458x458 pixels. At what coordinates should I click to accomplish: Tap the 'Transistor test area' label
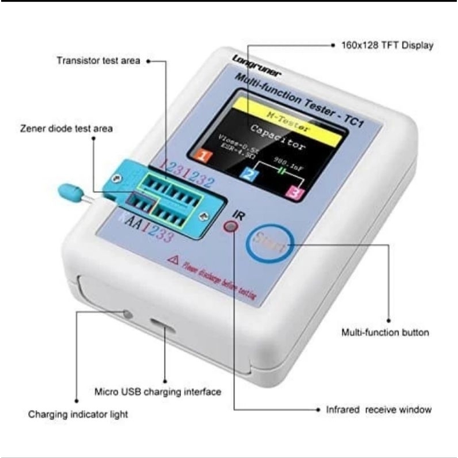point(97,60)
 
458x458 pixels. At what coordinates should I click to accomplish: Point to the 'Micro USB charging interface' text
point(157,392)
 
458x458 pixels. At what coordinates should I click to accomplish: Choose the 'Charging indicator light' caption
point(78,414)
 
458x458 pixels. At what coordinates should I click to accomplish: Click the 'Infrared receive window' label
point(378,410)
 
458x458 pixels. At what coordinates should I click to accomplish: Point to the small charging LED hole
point(127,314)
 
